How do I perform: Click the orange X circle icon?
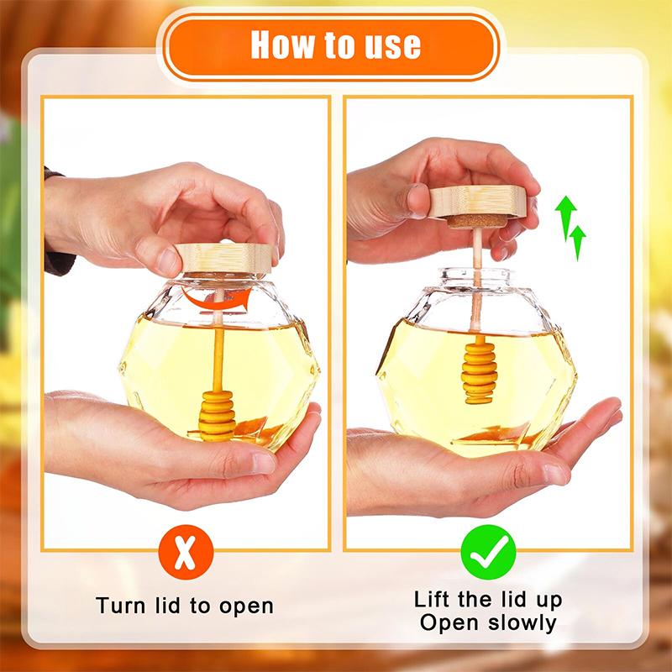tap(186, 553)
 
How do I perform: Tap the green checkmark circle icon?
tap(488, 553)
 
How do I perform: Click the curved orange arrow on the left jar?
tap(216, 299)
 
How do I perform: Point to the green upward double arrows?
tap(570, 227)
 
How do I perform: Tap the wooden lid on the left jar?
tap(223, 258)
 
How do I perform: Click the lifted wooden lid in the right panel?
tap(477, 201)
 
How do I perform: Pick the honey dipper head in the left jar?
tap(217, 416)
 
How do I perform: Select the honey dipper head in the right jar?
tap(479, 373)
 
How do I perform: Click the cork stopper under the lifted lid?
tap(476, 221)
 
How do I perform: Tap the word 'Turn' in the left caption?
tap(121, 606)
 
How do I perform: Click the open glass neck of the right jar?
tap(476, 277)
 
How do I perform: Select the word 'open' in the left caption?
tap(246, 606)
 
